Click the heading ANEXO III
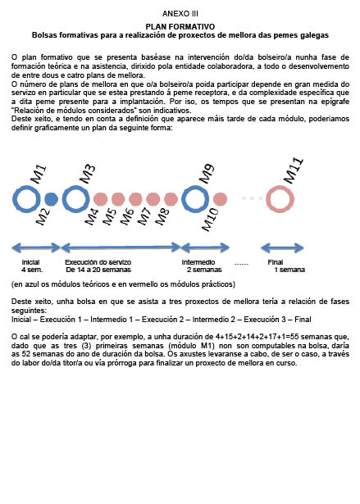pos(180,14)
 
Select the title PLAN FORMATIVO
pos(180,27)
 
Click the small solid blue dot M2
pos(51,199)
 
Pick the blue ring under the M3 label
pos(64,199)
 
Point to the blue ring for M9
pos(184,199)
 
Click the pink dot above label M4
pos(100,199)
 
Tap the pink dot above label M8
pos(171,199)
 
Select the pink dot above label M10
pos(220,199)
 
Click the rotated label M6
pos(127,216)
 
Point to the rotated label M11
pos(294,170)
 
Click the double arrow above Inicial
pos(36,247)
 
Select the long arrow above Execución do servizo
pos(121,247)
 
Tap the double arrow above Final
pos(282,247)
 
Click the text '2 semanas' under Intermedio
pos(204,270)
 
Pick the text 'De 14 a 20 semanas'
pos(98,270)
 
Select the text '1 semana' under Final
pos(289,270)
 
